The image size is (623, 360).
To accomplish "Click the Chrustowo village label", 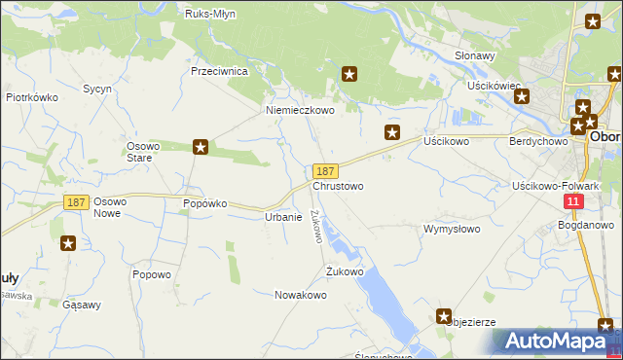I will (338, 186).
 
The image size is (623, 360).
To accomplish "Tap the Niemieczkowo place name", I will (301, 111).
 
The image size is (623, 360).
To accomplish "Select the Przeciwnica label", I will (221, 72).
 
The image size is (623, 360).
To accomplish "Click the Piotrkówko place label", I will (33, 97).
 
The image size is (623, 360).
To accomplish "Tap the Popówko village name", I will (204, 203).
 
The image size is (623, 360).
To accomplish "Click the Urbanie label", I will (283, 217).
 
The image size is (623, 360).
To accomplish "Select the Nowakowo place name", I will (300, 294).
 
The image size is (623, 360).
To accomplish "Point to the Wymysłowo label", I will (452, 230).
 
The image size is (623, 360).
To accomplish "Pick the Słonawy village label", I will (476, 55).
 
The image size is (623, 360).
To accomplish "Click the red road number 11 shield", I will (573, 200).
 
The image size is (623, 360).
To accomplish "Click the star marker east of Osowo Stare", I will (201, 147).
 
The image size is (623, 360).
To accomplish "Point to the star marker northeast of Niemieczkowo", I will (350, 73).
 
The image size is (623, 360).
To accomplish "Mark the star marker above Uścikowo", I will (392, 132).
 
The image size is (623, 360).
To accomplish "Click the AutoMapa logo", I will (555, 342).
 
